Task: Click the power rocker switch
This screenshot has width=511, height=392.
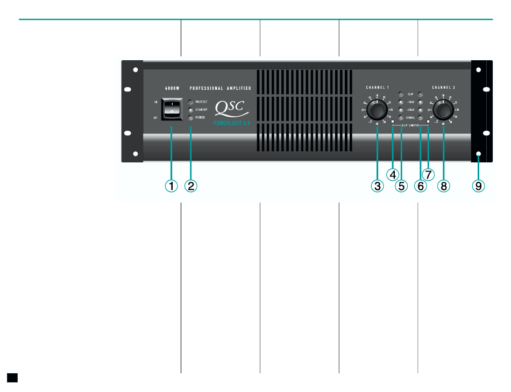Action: point(172,109)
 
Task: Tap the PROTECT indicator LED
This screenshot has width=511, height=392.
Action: point(191,101)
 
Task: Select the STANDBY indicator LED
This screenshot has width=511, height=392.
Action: point(191,109)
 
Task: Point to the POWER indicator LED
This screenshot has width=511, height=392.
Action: point(191,117)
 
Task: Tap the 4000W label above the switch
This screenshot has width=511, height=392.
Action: point(172,88)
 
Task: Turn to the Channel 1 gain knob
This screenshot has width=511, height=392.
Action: point(377,110)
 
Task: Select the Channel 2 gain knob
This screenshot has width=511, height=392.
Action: point(444,110)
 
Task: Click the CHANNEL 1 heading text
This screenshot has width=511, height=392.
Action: point(377,87)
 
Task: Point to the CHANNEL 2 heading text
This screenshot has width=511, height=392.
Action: point(444,87)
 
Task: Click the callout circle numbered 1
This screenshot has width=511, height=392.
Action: point(172,186)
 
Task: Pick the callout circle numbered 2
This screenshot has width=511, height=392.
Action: point(191,186)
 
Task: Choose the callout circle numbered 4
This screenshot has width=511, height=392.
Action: point(393,174)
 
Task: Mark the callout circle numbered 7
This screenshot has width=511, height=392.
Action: point(428,174)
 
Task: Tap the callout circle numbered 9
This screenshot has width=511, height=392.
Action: point(478,186)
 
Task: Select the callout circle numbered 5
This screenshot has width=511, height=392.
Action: point(401,186)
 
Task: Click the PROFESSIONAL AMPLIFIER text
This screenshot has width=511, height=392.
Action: point(221,88)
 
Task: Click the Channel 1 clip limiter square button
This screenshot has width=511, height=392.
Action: point(393,123)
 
